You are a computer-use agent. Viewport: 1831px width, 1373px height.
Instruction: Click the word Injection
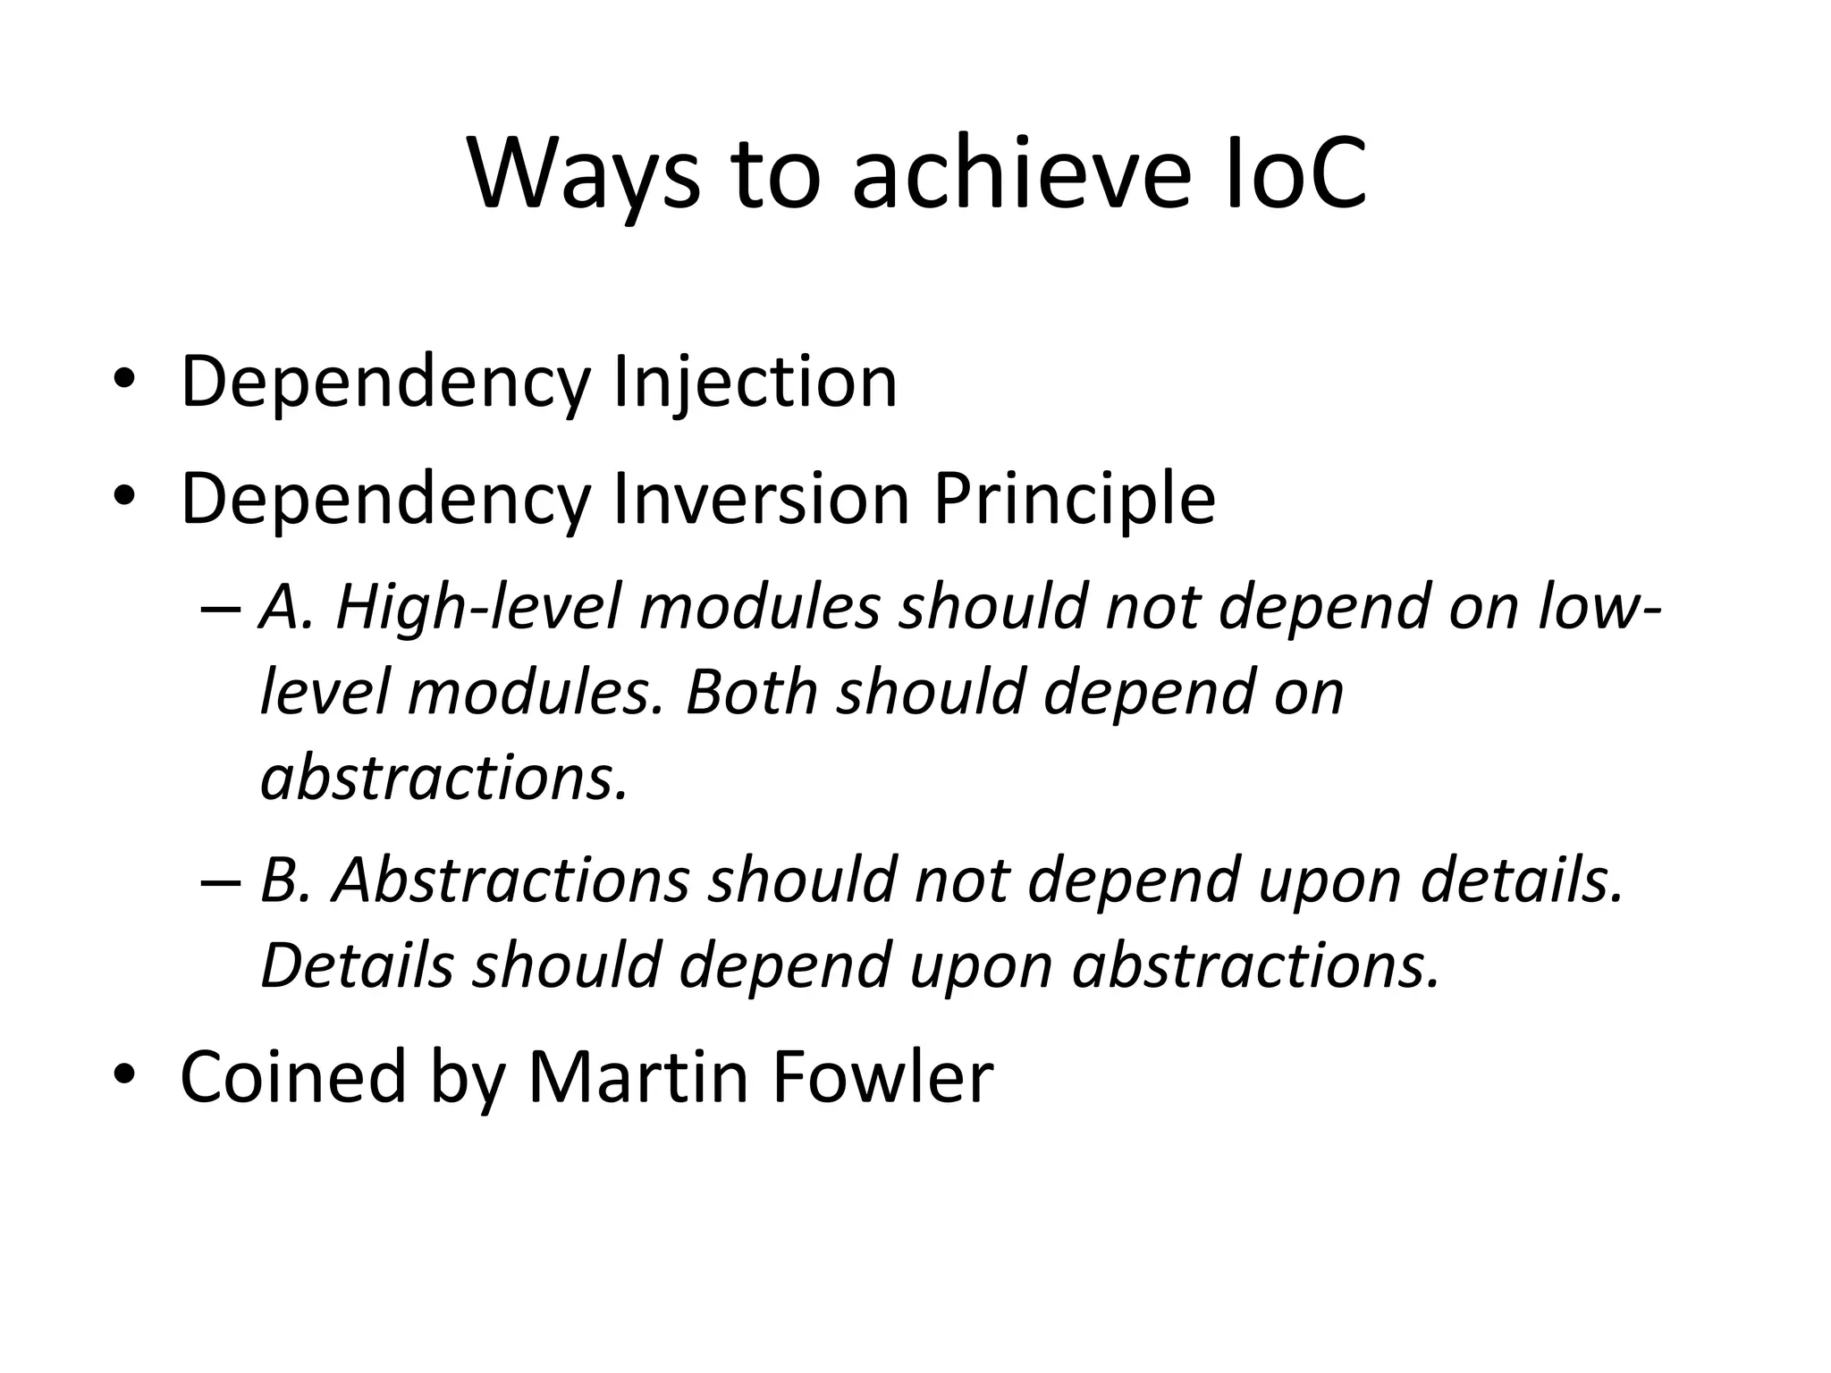pos(755,383)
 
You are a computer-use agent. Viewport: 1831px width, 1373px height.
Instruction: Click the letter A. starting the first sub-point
pos(284,606)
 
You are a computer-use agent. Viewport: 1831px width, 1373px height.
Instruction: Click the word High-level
pos(477,606)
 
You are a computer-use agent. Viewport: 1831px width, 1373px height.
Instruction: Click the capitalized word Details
pos(357,965)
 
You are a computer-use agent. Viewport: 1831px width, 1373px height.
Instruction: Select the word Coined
pos(294,1076)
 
